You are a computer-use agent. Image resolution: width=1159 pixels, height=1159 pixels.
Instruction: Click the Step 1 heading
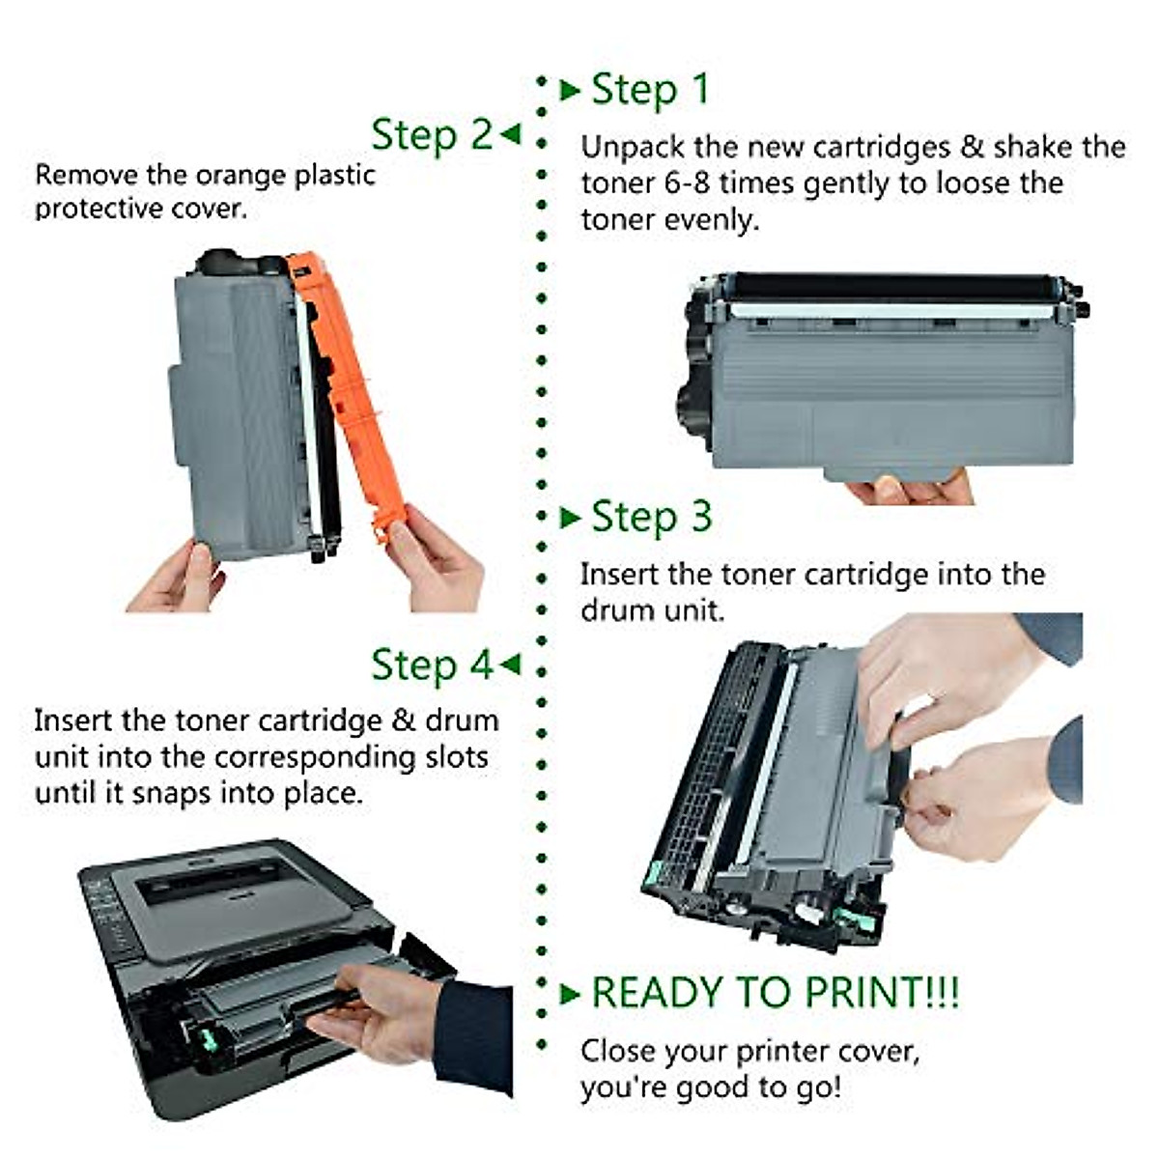[650, 90]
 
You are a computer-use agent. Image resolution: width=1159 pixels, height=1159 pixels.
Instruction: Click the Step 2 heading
[432, 134]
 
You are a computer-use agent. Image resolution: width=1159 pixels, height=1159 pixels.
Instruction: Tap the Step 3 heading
[651, 517]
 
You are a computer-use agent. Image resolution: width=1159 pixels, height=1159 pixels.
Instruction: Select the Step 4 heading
[432, 665]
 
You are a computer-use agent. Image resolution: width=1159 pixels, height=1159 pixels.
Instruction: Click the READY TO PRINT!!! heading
[775, 993]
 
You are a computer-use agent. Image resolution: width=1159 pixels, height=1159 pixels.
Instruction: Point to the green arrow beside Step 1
[570, 91]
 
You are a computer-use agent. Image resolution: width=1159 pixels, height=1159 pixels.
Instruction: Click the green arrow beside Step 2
[511, 133]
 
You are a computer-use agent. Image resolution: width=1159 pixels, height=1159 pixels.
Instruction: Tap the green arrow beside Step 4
[511, 664]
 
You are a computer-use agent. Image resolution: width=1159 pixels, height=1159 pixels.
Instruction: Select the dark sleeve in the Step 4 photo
[473, 1033]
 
